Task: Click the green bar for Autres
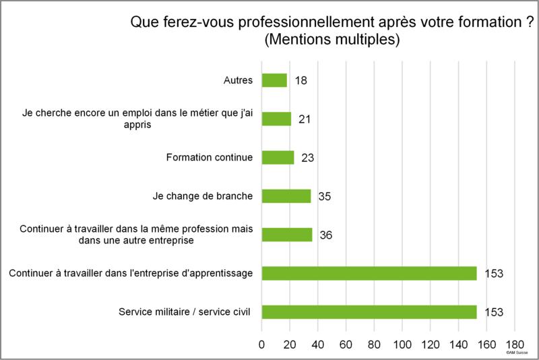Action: [274, 80]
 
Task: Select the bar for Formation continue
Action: [278, 158]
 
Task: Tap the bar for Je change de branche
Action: [286, 196]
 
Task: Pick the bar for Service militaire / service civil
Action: [369, 312]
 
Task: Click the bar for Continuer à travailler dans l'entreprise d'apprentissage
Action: [369, 273]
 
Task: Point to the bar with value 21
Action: [276, 119]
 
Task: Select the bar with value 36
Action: [287, 235]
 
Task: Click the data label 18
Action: [300, 80]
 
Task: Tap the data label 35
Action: [325, 196]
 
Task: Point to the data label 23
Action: [308, 158]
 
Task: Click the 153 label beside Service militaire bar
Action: [494, 312]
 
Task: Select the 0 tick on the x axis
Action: [261, 344]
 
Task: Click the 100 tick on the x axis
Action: [402, 344]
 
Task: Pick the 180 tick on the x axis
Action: [515, 344]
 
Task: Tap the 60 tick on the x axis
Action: [346, 344]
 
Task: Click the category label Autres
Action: [239, 80]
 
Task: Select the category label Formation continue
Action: [210, 157]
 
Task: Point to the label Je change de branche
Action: [203, 196]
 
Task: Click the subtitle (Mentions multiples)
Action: [332, 39]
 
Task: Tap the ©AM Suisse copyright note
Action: [517, 353]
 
